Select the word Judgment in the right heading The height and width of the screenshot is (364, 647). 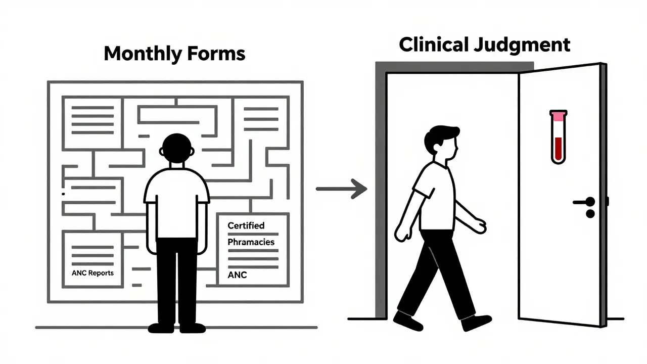[x=524, y=45]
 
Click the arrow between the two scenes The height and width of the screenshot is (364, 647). [x=342, y=189]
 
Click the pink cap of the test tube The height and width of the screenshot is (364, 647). [x=558, y=116]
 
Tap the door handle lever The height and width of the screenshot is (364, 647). [x=583, y=202]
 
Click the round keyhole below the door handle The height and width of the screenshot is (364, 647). [x=590, y=214]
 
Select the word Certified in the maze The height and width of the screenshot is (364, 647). [x=246, y=225]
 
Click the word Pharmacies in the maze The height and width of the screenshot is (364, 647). [x=251, y=242]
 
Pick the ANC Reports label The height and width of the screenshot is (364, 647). [x=93, y=273]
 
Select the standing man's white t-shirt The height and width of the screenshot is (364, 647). [x=176, y=202]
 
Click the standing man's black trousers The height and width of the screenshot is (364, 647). [x=176, y=283]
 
